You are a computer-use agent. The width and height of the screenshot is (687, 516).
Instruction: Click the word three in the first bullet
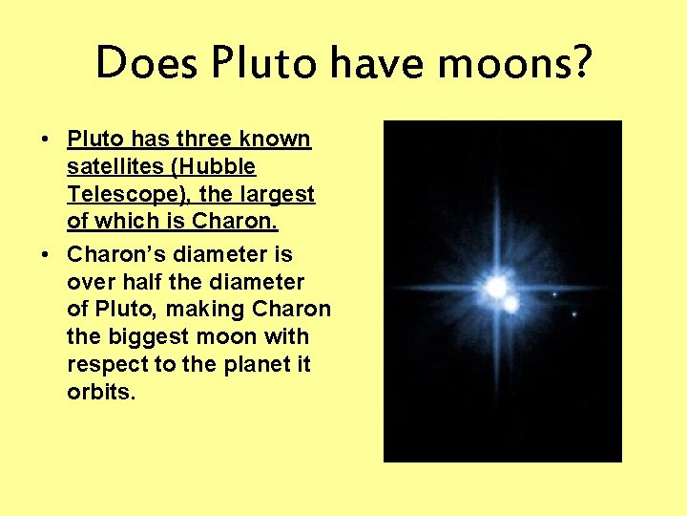[196, 140]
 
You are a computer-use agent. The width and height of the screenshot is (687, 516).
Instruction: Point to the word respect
[105, 365]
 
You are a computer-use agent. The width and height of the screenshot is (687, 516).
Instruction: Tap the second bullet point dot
[47, 255]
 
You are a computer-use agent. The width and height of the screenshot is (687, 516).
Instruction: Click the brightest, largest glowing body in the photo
[495, 286]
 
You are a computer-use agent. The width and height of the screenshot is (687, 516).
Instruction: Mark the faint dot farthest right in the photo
[573, 313]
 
